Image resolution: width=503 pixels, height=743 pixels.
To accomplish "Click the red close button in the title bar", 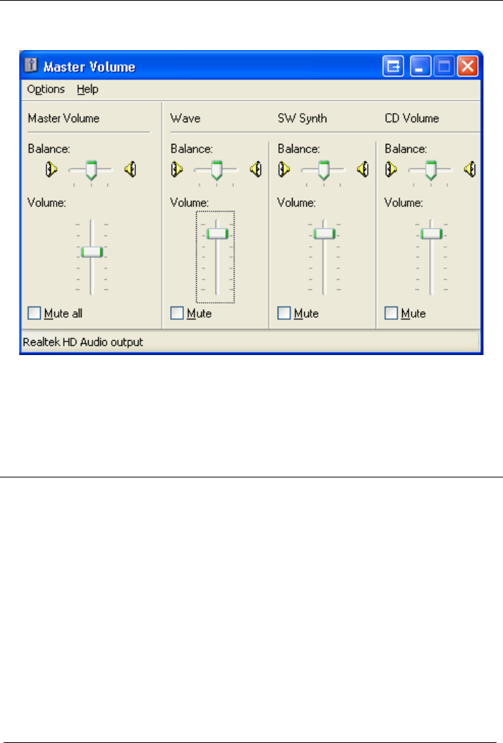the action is pyautogui.click(x=467, y=67).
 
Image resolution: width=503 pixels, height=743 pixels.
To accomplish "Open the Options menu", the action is pyautogui.click(x=46, y=89).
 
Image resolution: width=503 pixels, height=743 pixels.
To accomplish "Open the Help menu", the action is pyautogui.click(x=88, y=89).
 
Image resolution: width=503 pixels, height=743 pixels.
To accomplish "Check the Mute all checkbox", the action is pyautogui.click(x=34, y=313).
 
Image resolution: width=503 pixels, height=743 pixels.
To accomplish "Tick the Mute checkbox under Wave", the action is pyautogui.click(x=177, y=313).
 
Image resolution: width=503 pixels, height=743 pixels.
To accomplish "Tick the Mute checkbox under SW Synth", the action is pyautogui.click(x=284, y=313).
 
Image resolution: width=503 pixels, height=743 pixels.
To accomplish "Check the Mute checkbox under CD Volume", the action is pyautogui.click(x=391, y=313).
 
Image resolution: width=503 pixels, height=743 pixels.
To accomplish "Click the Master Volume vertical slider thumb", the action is pyautogui.click(x=92, y=251).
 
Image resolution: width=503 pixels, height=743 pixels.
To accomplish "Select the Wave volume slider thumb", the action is pyautogui.click(x=216, y=233).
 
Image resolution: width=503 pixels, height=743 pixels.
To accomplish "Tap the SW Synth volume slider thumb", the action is pyautogui.click(x=324, y=233).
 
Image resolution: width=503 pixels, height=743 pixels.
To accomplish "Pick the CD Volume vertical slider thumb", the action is pyautogui.click(x=431, y=233).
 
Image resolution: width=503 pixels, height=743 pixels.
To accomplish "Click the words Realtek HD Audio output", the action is pyautogui.click(x=83, y=342).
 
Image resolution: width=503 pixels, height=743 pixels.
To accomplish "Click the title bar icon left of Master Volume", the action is pyautogui.click(x=31, y=67).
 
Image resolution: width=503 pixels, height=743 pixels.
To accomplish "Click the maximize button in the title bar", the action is pyautogui.click(x=444, y=67).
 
